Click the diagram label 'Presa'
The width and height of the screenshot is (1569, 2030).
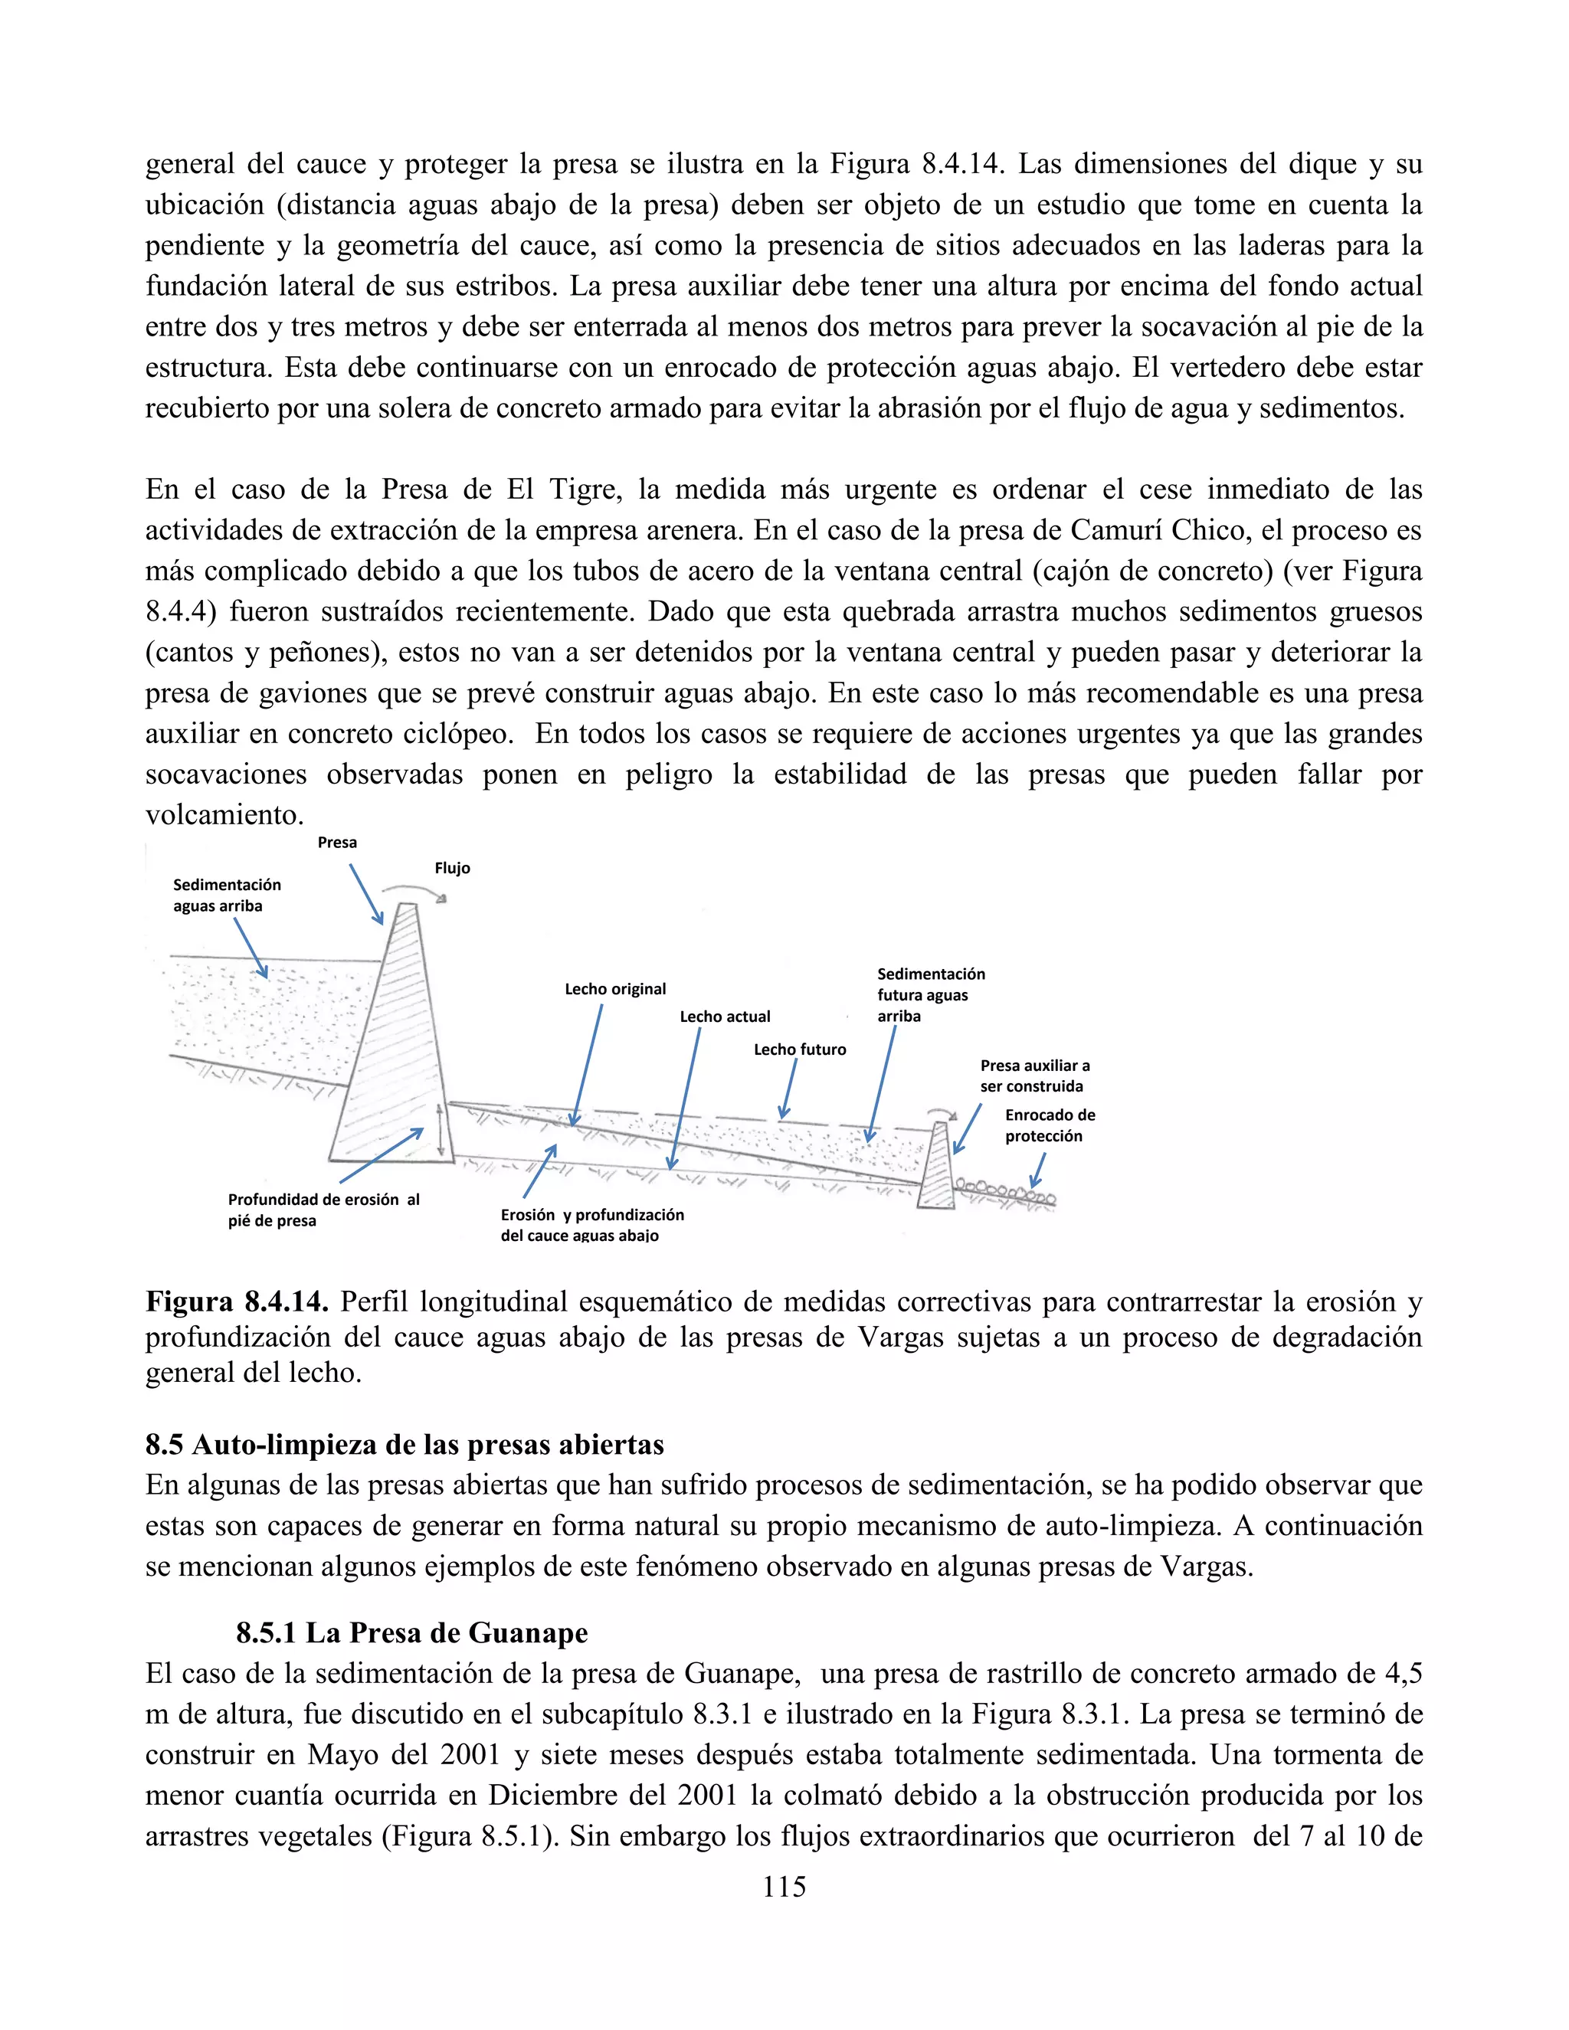pyautogui.click(x=336, y=842)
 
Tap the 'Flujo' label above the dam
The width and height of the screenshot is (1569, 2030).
pyautogui.click(x=452, y=868)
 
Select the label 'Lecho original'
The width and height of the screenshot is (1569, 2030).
pyautogui.click(x=615, y=989)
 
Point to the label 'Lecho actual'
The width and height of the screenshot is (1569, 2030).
pyautogui.click(x=725, y=1017)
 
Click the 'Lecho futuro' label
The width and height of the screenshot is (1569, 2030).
pyautogui.click(x=799, y=1049)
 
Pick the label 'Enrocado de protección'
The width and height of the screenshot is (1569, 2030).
pyautogui.click(x=1050, y=1125)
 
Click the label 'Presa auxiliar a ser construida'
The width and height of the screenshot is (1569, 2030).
pyautogui.click(x=1034, y=1076)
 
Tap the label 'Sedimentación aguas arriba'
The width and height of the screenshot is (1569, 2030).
pyautogui.click(x=226, y=895)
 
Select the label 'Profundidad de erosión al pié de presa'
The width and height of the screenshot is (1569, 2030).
pyautogui.click(x=323, y=1210)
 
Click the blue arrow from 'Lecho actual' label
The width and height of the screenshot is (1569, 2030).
pyautogui.click(x=684, y=1097)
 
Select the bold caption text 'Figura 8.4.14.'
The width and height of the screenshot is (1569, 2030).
pyautogui.click(x=236, y=1302)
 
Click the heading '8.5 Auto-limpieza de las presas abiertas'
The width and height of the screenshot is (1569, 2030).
pyautogui.click(x=405, y=1445)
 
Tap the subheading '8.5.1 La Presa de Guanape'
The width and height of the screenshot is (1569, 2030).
pyautogui.click(x=411, y=1633)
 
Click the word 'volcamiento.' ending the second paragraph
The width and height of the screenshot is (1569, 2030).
pyautogui.click(x=224, y=815)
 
